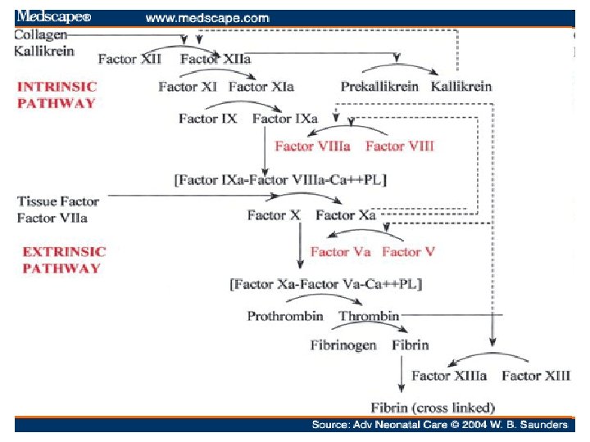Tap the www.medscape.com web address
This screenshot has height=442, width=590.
pyautogui.click(x=207, y=16)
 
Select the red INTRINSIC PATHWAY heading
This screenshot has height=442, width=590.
pyautogui.click(x=57, y=94)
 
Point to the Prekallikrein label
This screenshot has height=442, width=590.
pyautogui.click(x=379, y=87)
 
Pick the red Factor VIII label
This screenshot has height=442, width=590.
pyautogui.click(x=399, y=147)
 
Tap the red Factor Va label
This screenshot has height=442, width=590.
pyautogui.click(x=341, y=252)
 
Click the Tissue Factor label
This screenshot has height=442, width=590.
pyautogui.click(x=58, y=201)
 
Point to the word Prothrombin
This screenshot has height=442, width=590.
pyautogui.click(x=285, y=316)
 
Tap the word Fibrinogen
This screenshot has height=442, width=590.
pyautogui.click(x=343, y=345)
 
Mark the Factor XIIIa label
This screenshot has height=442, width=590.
pyautogui.click(x=449, y=376)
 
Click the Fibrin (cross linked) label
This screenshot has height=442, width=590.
pyautogui.click(x=433, y=408)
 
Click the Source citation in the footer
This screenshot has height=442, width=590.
pyautogui.click(x=439, y=425)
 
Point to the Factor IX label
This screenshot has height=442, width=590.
pyautogui.click(x=208, y=119)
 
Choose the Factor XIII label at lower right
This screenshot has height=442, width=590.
pyautogui.click(x=536, y=376)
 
